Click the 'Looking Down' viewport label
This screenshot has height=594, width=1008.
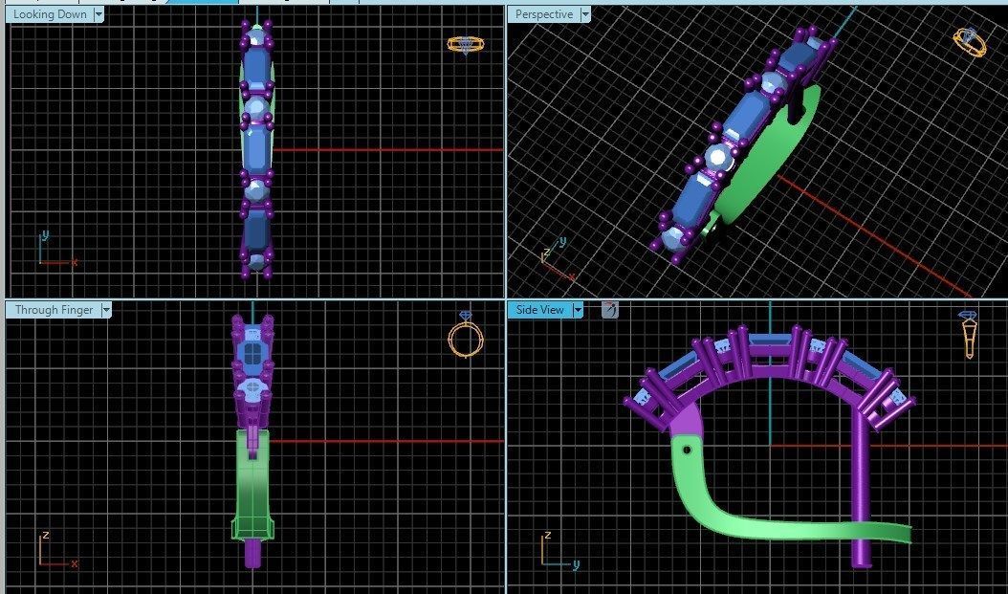(50, 14)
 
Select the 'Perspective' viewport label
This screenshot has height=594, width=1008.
(543, 14)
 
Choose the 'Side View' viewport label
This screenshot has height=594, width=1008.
(539, 310)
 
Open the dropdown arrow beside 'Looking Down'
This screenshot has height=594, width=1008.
(99, 14)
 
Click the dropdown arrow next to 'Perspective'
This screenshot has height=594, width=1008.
(585, 14)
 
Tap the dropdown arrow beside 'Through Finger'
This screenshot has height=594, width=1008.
(106, 310)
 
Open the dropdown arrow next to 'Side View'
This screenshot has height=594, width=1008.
(578, 310)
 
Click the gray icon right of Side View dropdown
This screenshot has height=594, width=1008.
(609, 310)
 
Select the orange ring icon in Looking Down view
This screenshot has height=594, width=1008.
(465, 45)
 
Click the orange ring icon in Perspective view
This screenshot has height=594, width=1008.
(970, 42)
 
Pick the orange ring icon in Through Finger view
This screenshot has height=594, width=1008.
(466, 337)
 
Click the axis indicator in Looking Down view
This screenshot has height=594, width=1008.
(53, 251)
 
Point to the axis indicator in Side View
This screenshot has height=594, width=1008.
(556, 552)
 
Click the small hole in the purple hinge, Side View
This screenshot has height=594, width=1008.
(686, 447)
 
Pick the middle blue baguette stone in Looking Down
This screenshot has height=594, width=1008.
(255, 146)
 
